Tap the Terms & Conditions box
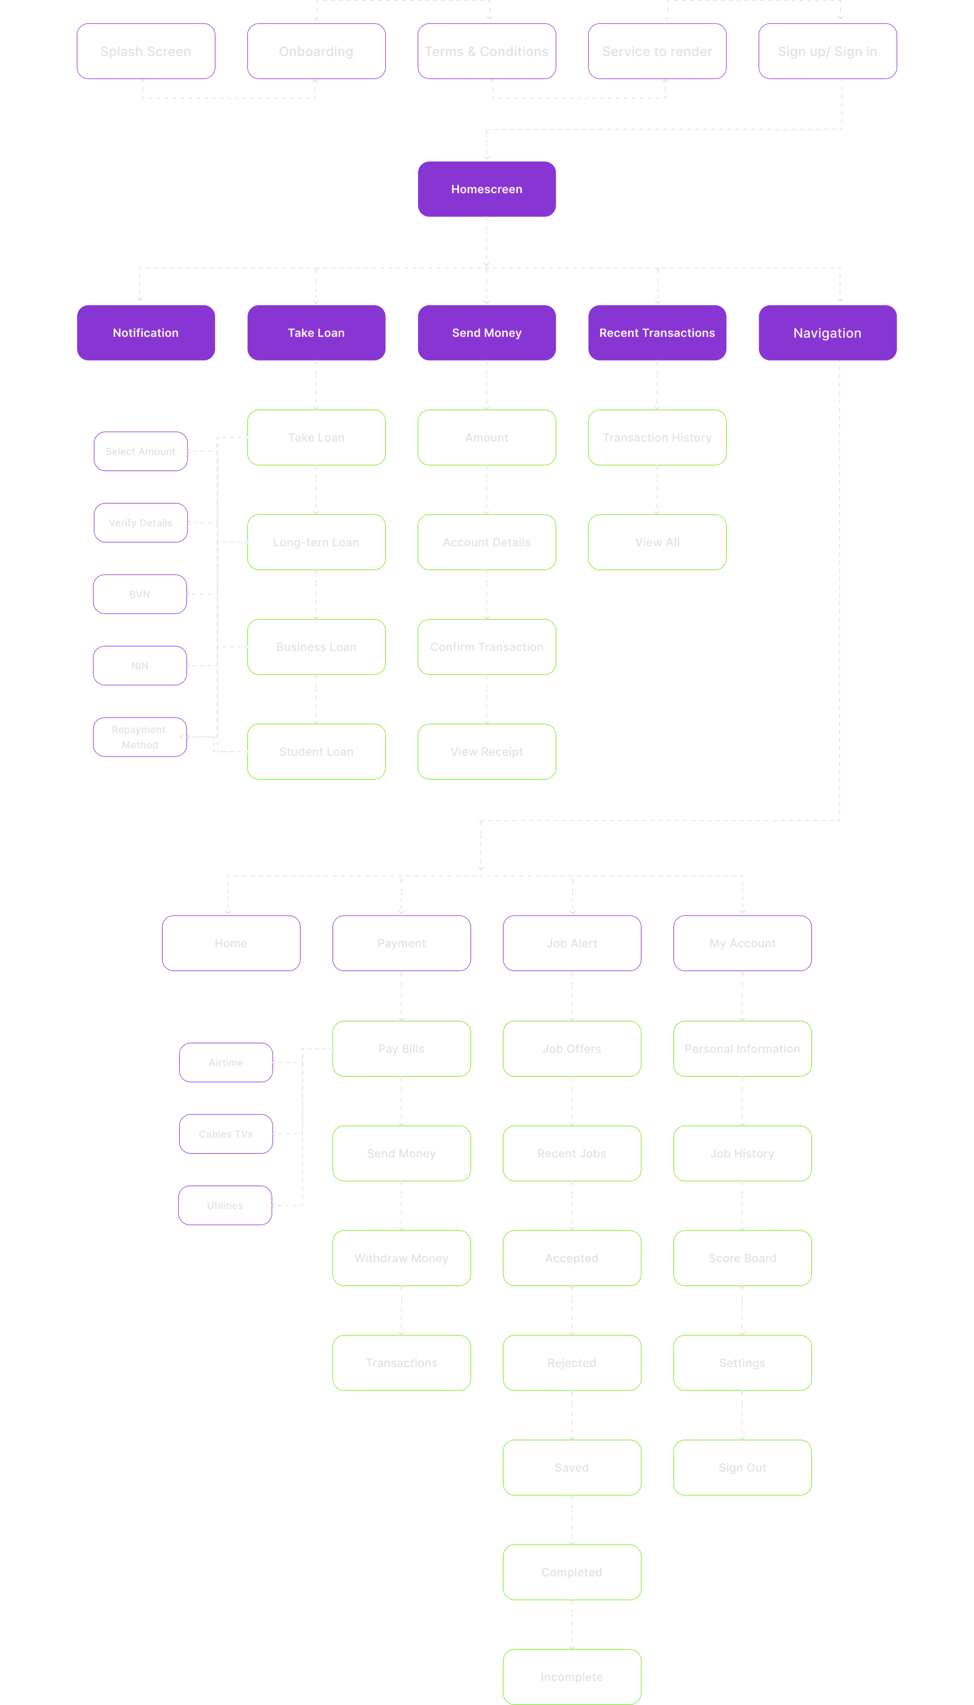486,52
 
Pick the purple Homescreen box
486,189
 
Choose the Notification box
146,333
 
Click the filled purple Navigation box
827,333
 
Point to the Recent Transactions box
657,333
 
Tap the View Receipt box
486,752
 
